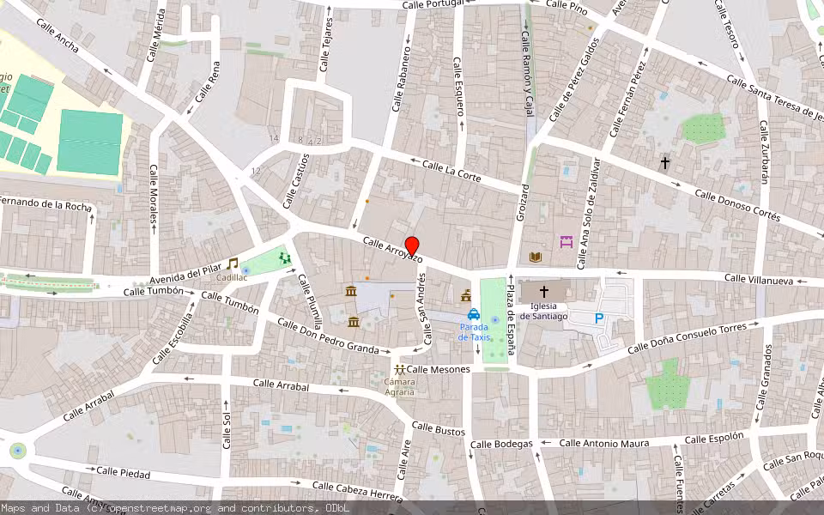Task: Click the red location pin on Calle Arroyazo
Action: click(412, 246)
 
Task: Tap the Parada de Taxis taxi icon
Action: click(474, 315)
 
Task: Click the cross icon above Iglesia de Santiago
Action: click(544, 292)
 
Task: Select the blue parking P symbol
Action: click(599, 318)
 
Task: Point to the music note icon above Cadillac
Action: click(232, 264)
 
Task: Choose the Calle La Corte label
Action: click(451, 169)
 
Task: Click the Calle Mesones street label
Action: click(439, 369)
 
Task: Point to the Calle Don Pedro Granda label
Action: click(327, 336)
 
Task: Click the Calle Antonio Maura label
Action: click(609, 443)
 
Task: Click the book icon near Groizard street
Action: click(536, 257)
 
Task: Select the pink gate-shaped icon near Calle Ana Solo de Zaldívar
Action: click(566, 242)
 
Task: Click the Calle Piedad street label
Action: click(123, 472)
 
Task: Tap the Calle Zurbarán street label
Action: click(763, 151)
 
